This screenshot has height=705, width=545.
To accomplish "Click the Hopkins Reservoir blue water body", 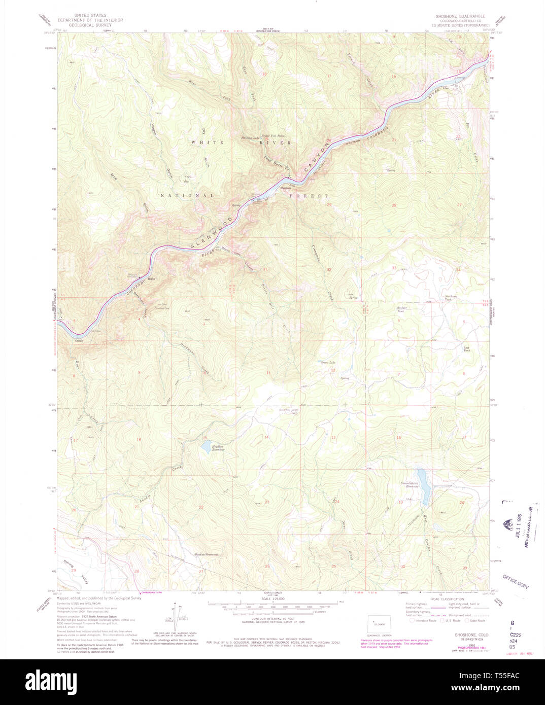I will pos(206,446).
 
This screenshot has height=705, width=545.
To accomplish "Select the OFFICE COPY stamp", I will pos(516,581).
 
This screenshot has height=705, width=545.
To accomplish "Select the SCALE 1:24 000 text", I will pos(272,599).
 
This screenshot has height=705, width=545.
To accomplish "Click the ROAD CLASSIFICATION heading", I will pos(447,599).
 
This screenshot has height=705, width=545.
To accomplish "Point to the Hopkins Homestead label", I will pos(207,554).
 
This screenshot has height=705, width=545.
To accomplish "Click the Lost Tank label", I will pos(466,349).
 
